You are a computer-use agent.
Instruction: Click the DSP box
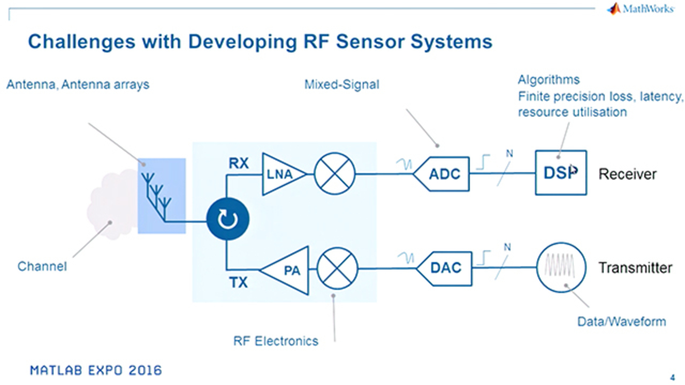(x=560, y=173)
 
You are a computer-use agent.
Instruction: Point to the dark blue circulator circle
(x=229, y=218)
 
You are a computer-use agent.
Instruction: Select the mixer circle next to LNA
(x=334, y=174)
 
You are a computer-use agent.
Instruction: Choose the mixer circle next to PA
(x=337, y=268)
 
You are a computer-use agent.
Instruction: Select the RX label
(x=239, y=164)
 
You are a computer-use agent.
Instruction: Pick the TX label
(x=239, y=282)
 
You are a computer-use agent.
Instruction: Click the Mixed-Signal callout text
(x=341, y=84)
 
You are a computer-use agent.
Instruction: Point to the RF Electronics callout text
(x=276, y=341)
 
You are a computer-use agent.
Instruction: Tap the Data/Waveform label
(x=621, y=321)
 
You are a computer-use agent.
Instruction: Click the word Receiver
(x=627, y=174)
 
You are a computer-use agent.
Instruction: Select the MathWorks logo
(x=640, y=9)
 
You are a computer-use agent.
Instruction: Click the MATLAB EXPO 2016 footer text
(x=96, y=370)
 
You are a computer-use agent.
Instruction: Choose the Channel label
(x=42, y=266)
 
